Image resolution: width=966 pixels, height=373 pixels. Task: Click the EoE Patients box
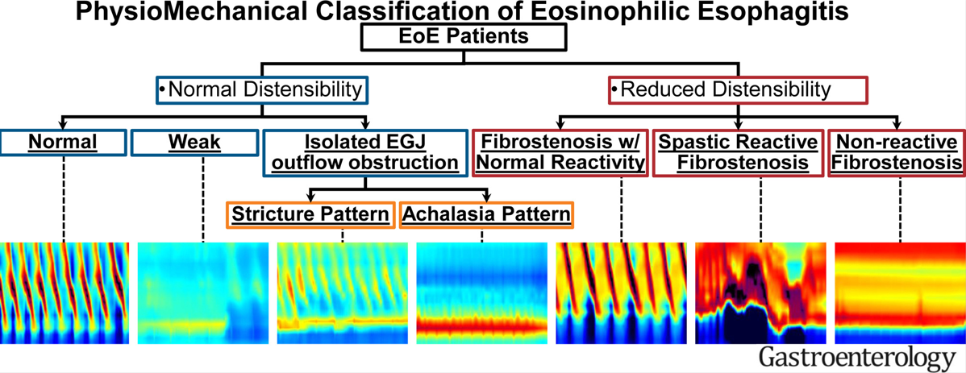pyautogui.click(x=464, y=36)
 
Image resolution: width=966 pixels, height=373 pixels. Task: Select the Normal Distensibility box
pyautogui.click(x=262, y=89)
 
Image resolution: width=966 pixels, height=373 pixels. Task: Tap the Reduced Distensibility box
pyautogui.click(x=737, y=89)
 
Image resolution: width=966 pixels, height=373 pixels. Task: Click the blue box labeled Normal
pyautogui.click(x=63, y=143)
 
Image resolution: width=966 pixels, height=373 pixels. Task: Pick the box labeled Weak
pyautogui.click(x=194, y=143)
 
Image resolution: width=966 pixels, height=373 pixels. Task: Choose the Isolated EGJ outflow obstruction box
pyautogui.click(x=367, y=152)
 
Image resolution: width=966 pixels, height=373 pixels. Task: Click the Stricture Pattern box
pyautogui.click(x=311, y=214)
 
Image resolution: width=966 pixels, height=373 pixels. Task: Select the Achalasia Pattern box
pyautogui.click(x=486, y=214)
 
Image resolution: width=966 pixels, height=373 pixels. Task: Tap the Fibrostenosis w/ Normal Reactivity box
pyautogui.click(x=560, y=152)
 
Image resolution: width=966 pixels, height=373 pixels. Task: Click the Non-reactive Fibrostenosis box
pyautogui.click(x=897, y=152)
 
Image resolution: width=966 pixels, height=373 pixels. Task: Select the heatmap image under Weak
pyautogui.click(x=202, y=293)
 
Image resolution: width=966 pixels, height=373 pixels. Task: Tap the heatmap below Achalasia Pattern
pyautogui.click(x=481, y=293)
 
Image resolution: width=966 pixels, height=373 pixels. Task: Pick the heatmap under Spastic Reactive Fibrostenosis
pyautogui.click(x=760, y=293)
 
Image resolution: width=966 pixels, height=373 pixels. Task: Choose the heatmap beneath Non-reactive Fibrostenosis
pyautogui.click(x=899, y=293)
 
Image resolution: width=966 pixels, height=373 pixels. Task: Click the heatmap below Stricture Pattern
pyautogui.click(x=342, y=293)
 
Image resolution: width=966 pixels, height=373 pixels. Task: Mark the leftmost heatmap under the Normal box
pyautogui.click(x=64, y=293)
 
